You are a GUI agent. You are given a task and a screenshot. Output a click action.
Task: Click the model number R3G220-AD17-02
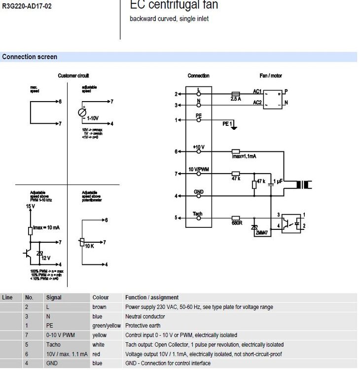27,6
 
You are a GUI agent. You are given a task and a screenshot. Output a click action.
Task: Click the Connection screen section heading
30,57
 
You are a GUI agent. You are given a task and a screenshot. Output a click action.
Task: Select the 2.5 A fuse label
236,99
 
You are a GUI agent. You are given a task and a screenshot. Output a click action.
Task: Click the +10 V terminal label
199,148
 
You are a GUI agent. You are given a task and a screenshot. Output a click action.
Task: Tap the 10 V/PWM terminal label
199,169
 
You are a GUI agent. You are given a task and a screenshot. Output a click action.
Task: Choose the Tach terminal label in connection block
198,214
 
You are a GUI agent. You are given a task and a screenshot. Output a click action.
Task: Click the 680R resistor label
236,222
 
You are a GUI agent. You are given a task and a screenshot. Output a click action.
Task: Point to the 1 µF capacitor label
279,182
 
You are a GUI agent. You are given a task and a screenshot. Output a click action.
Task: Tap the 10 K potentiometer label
89,246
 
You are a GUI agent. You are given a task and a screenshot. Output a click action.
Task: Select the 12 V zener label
45,258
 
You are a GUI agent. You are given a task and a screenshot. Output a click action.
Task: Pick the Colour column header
101,297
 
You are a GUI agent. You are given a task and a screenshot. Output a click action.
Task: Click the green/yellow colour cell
107,326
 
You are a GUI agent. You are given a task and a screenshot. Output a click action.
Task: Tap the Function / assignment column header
152,297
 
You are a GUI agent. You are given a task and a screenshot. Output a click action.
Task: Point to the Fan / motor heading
271,76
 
